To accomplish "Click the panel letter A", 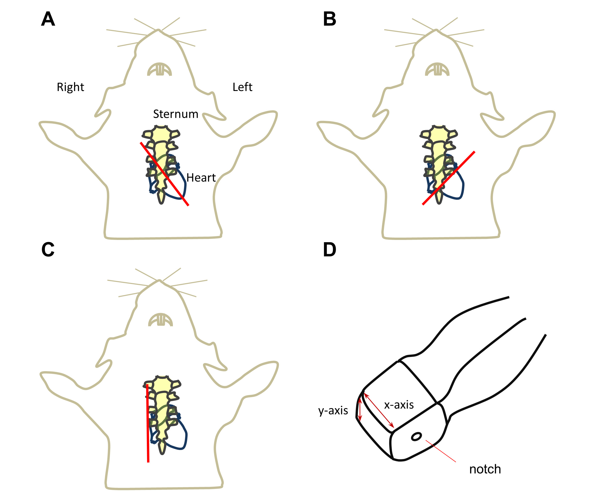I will coord(48,19).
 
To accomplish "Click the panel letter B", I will coord(330,19).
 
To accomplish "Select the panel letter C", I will coord(48,250).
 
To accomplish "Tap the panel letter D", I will coord(330,250).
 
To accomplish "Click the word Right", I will coord(70,87).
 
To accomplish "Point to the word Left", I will coord(242,87).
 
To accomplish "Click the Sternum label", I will coord(175,114).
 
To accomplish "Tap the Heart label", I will coord(201,178).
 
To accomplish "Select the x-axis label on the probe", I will coord(399,405).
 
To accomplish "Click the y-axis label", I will coord(333,410).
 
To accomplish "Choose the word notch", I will coord(485,469).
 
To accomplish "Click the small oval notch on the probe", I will coord(416,437).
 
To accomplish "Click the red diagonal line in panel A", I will coord(164,174).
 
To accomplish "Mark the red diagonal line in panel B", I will coord(448,178).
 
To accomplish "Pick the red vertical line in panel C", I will coord(148,423).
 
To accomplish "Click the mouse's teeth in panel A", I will coord(159,70).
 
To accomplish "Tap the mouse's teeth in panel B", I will coord(437,70).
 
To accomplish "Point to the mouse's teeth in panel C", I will coord(161,320).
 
